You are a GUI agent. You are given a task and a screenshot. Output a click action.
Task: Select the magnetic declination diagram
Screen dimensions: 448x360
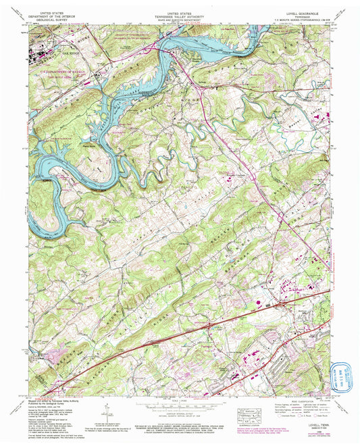click(x=108, y=410)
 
